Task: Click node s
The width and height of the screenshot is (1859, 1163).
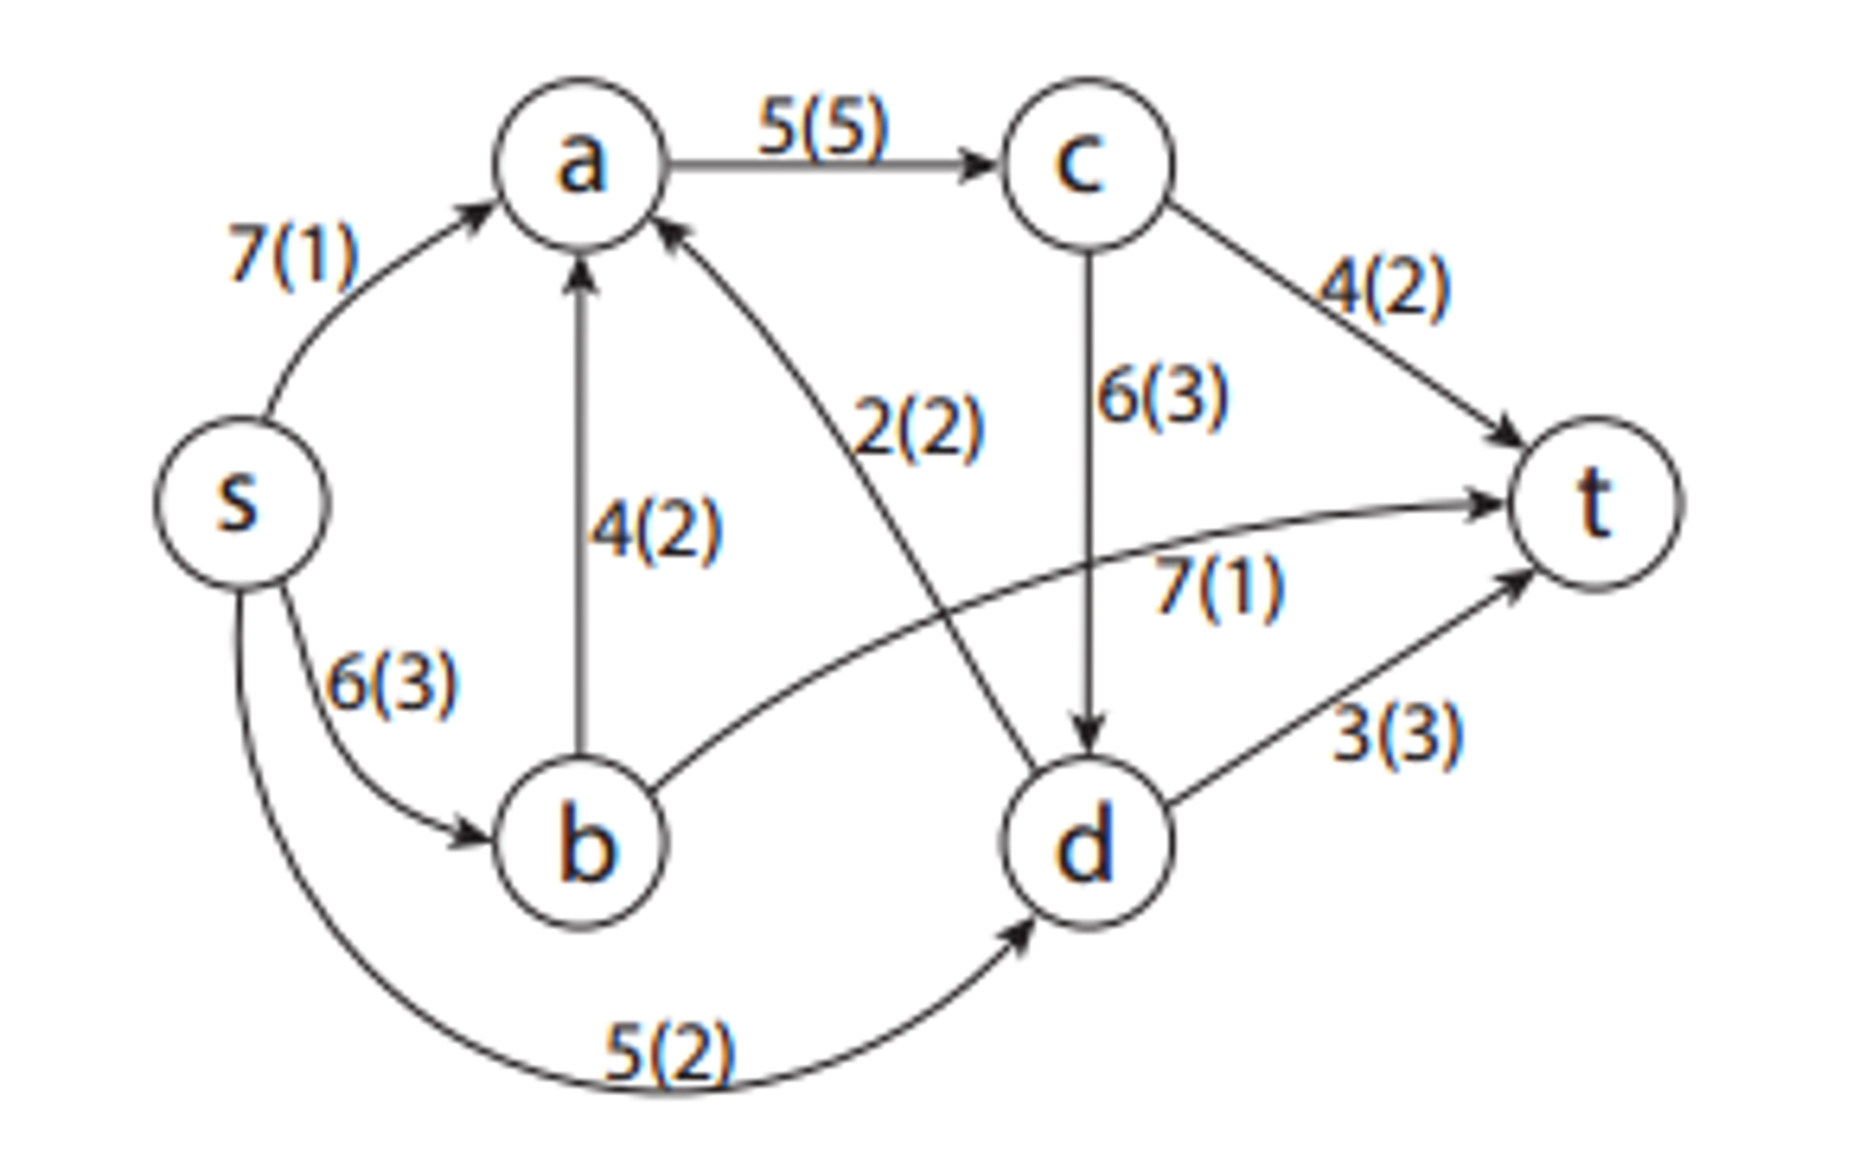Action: (x=239, y=502)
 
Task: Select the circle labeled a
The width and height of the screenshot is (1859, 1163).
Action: (x=580, y=164)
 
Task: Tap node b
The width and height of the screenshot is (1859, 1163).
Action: (x=580, y=842)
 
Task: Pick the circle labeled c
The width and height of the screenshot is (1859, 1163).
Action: (x=1087, y=164)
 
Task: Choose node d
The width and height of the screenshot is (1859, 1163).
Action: (x=1087, y=842)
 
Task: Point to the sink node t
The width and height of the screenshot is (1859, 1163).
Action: (x=1596, y=502)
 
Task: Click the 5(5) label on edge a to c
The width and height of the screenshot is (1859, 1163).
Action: (x=822, y=127)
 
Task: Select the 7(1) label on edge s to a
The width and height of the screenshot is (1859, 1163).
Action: (x=293, y=255)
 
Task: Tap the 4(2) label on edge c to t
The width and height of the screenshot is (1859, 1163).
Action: (x=1383, y=289)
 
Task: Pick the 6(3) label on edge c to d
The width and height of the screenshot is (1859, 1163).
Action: (x=1163, y=396)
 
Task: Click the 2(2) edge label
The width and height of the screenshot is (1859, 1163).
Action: (x=920, y=427)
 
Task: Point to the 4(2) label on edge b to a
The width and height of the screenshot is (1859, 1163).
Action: (x=656, y=531)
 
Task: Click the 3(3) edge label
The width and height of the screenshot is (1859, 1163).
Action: (x=1397, y=733)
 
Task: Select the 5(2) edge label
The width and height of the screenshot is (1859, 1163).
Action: (x=669, y=1053)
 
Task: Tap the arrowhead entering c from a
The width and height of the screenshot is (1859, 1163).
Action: (x=979, y=165)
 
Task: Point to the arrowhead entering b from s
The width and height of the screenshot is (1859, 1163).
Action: (x=471, y=834)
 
